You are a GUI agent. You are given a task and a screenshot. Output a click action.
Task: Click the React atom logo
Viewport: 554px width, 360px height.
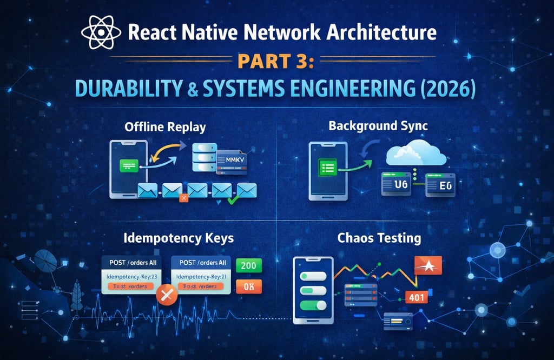(x=101, y=32)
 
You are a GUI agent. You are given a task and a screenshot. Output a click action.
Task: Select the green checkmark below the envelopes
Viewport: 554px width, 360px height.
(x=233, y=201)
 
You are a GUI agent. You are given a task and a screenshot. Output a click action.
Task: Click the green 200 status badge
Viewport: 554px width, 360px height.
(x=249, y=265)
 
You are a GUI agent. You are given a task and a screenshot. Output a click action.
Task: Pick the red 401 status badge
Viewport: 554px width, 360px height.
(x=416, y=297)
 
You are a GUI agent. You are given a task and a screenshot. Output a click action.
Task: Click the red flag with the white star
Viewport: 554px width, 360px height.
(x=427, y=265)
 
